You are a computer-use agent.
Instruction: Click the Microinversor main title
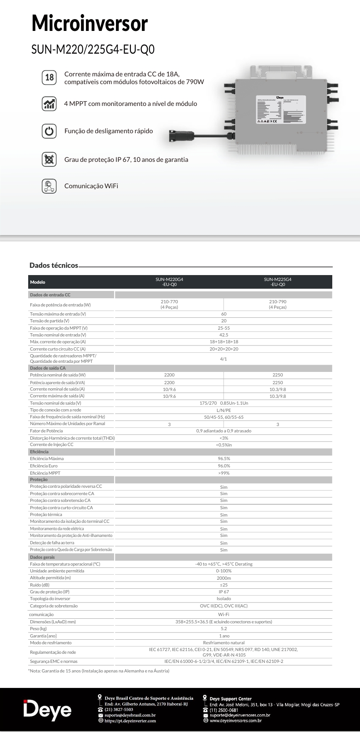90,24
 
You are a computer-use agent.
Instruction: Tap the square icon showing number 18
49,77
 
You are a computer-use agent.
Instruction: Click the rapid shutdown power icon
49,131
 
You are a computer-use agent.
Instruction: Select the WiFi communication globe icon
49,186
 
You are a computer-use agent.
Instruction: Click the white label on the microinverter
280,110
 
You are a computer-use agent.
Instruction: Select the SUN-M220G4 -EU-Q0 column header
169,282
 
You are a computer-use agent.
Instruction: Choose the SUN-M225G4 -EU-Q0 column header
278,282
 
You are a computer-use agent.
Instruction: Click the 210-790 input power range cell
278,304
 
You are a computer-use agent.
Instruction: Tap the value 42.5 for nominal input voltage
224,335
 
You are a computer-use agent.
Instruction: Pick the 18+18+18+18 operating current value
224,341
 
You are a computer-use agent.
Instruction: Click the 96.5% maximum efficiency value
224,459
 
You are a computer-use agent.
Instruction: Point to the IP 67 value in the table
224,592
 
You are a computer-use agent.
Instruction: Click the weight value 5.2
224,629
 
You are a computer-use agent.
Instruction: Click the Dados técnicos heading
54,265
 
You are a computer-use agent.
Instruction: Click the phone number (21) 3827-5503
119,709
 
